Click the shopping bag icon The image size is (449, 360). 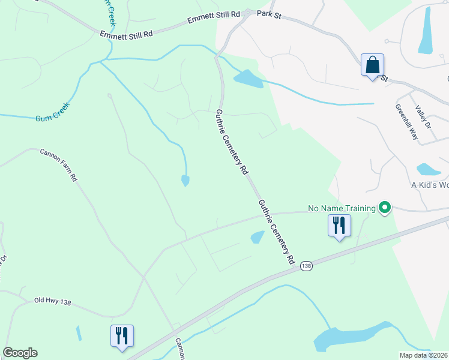[x=372, y=65]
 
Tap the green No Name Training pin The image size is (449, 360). [x=384, y=208]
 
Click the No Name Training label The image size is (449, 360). [x=342, y=208]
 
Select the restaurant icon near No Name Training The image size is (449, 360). [x=339, y=226]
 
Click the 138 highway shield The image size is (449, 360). [x=306, y=265]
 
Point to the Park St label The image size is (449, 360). [x=269, y=13]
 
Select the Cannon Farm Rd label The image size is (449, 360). [x=58, y=164]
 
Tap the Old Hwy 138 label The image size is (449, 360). [x=53, y=301]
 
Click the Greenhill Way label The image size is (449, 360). [x=406, y=122]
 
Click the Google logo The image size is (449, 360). [x=20, y=353]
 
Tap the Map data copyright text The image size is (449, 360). [x=424, y=355]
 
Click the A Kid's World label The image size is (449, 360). [x=429, y=184]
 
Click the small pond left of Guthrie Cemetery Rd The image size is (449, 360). [x=185, y=180]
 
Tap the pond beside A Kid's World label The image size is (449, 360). [x=429, y=169]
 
